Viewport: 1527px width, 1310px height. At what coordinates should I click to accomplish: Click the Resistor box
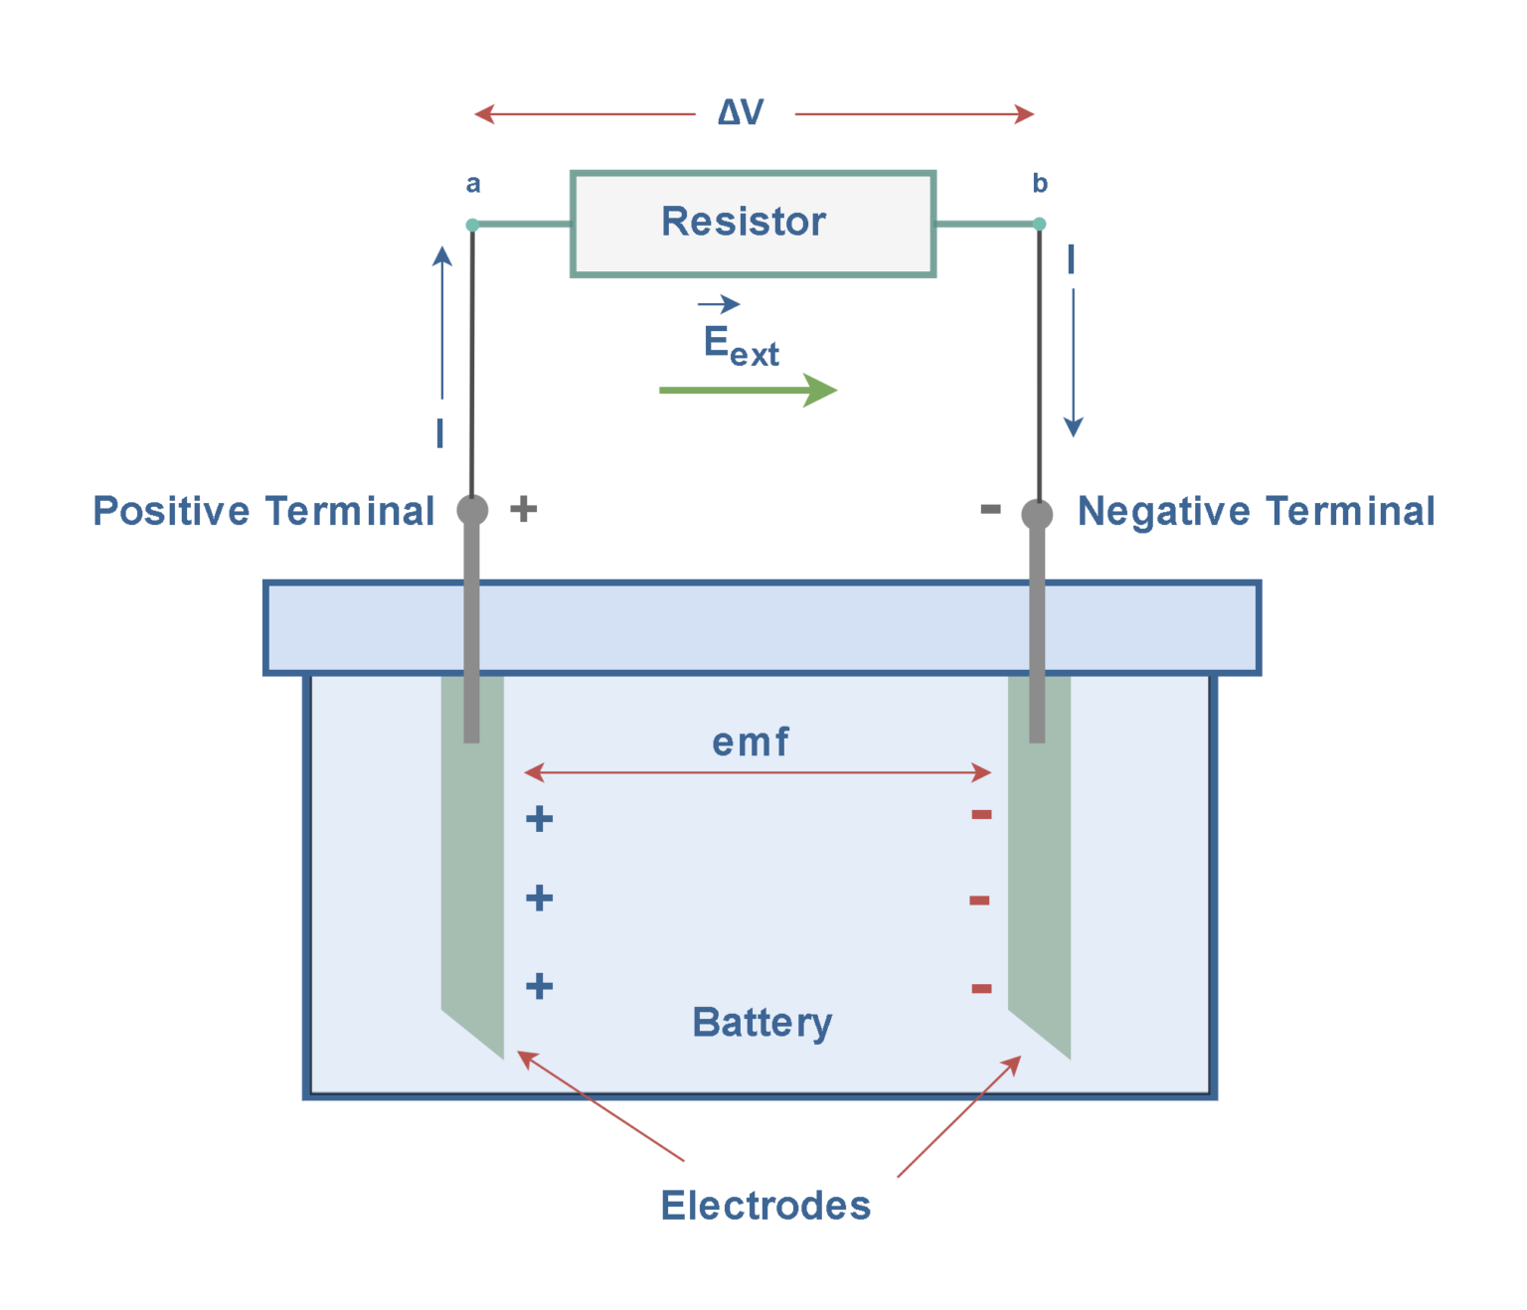tap(753, 223)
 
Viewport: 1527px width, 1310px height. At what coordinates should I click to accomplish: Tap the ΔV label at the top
tap(741, 112)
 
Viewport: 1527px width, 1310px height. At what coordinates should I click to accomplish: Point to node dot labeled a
tap(472, 225)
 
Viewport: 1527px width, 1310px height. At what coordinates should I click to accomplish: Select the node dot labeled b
tap(1039, 224)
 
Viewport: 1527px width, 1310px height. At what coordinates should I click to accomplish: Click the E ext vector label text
tap(741, 344)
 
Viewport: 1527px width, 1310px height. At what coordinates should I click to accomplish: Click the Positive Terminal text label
tap(263, 511)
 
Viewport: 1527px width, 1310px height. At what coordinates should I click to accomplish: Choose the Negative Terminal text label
tap(1256, 511)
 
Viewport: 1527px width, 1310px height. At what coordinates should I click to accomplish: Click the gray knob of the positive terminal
tap(472, 510)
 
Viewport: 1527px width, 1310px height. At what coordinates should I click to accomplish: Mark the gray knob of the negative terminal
tap(1037, 514)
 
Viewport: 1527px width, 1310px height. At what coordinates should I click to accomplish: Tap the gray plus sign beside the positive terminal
tap(524, 509)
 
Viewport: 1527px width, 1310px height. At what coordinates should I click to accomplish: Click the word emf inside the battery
tap(751, 741)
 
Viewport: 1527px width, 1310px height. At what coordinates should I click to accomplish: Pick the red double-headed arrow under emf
tap(757, 772)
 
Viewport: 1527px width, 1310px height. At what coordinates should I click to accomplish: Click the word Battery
tap(762, 1022)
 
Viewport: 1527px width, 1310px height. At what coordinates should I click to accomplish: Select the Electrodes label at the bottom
tap(765, 1205)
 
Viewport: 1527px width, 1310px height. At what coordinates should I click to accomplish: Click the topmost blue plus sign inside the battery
tap(539, 819)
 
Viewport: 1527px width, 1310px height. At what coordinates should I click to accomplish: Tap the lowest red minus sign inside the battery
tap(981, 988)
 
